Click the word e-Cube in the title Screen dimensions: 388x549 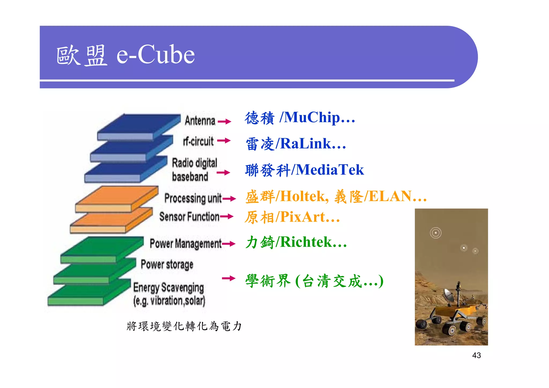(155, 55)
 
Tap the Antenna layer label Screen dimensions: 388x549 (200, 121)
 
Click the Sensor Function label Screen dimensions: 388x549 (189, 217)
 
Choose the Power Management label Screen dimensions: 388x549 (186, 244)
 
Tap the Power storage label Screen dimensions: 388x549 (167, 264)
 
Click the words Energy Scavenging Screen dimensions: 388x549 (169, 288)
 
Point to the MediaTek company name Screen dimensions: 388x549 (330, 170)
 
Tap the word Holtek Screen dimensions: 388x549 (303, 196)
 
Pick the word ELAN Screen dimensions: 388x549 (390, 196)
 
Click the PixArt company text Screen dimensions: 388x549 (303, 217)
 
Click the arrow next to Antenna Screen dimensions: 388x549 (225, 122)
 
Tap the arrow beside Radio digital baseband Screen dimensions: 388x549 (224, 173)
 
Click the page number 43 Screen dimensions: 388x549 (476, 355)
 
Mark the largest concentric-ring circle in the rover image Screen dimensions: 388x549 (436, 233)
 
